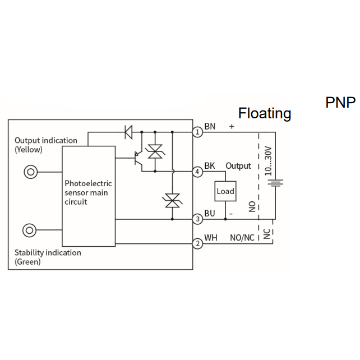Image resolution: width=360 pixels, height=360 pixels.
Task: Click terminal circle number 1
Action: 197,132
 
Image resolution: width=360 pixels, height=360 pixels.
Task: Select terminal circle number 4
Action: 197,172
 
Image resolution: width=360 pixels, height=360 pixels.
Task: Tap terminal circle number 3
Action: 197,219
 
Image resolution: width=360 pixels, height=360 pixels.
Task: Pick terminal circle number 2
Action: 197,243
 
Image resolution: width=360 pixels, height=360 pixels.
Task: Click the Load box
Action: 225,191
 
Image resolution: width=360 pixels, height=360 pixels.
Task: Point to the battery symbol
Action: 275,183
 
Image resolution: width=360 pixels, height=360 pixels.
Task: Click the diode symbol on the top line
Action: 128,132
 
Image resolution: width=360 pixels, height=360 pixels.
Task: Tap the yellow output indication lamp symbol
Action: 30,172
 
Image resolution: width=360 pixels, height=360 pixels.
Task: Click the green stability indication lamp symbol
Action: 29,230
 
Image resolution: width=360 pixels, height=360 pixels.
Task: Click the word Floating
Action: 265,113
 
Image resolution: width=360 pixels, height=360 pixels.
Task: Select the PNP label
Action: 340,102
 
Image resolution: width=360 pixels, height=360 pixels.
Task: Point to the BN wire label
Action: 210,126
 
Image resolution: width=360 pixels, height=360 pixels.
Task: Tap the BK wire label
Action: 210,165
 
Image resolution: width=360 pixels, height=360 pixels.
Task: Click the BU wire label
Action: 210,213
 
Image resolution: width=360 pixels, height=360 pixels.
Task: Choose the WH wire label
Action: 211,238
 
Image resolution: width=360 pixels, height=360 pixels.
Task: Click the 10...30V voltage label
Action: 268,161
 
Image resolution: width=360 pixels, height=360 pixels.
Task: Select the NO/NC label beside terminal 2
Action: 242,238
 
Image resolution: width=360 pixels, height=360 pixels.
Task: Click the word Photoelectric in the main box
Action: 88,183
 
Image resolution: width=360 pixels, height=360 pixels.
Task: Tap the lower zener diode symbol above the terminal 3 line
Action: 172,200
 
